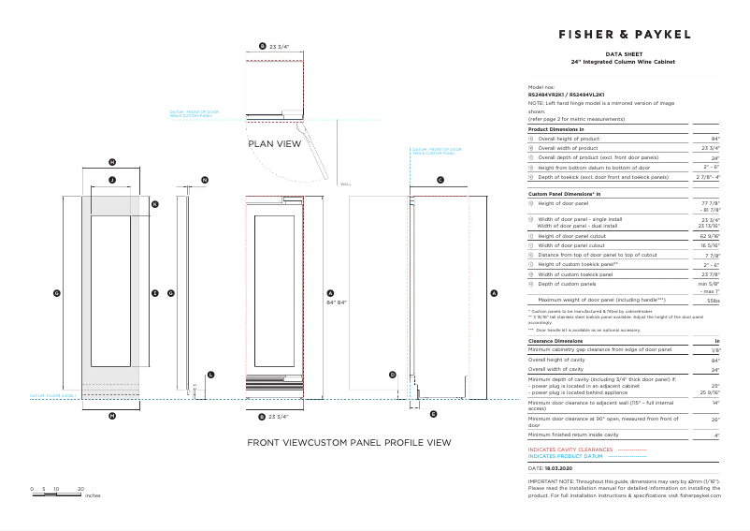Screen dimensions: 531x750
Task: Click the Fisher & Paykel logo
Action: (625, 34)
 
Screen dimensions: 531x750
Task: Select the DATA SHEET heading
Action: (622, 55)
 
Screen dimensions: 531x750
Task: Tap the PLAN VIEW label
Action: (274, 144)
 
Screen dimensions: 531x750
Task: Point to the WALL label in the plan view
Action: (345, 184)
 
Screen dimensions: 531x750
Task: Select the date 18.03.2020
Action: (557, 466)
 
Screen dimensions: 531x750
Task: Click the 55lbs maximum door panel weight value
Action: (714, 302)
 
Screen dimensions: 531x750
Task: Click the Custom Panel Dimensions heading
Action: (565, 193)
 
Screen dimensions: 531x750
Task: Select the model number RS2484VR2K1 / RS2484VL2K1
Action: (567, 95)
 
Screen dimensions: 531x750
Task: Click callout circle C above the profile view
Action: (440, 178)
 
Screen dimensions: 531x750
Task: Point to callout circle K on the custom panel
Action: (155, 203)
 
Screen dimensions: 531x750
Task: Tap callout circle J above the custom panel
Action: (111, 178)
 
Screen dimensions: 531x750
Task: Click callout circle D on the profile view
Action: (393, 374)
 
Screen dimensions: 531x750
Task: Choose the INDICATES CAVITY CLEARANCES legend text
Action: (570, 450)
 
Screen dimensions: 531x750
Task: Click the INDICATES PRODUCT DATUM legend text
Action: (567, 456)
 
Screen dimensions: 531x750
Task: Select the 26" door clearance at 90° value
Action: (715, 420)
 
